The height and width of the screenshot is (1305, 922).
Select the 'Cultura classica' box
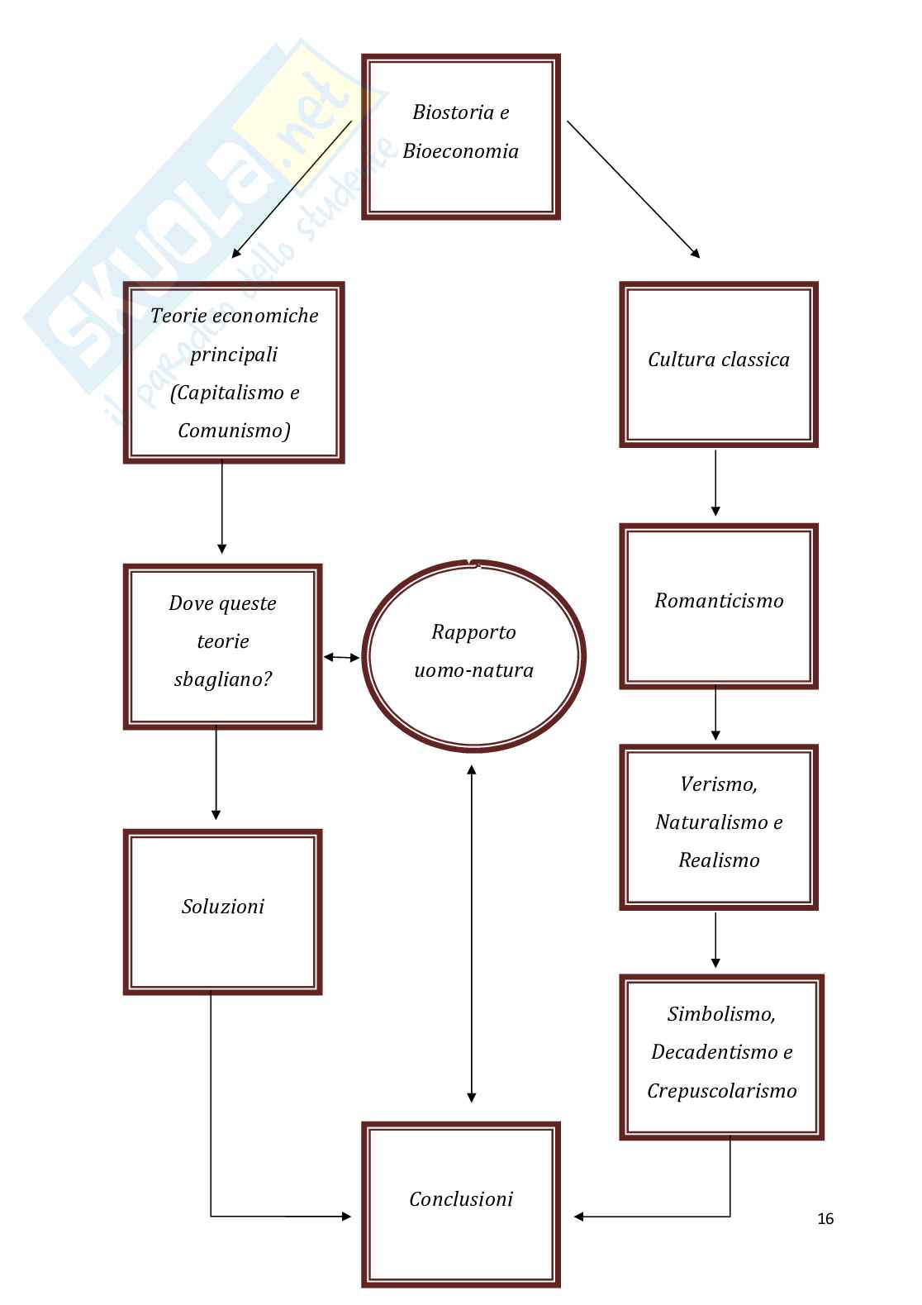pos(718,364)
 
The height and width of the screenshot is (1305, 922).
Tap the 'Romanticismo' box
pos(718,605)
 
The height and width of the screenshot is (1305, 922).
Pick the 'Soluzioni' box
pos(222,911)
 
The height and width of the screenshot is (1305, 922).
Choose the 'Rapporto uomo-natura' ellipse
pos(473,656)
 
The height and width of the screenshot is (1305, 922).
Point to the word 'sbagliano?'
pos(223,679)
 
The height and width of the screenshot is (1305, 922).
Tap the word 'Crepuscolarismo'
pos(721,1090)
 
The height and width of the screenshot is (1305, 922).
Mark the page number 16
pos(825,1218)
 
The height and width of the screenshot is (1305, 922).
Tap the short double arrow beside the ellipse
pos(341,657)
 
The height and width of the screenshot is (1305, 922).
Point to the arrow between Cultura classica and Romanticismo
pos(715,483)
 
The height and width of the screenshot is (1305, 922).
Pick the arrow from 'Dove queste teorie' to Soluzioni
pos(216,773)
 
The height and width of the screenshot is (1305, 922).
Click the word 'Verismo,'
pos(718,783)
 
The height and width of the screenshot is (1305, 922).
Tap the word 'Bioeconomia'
pos(460,151)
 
